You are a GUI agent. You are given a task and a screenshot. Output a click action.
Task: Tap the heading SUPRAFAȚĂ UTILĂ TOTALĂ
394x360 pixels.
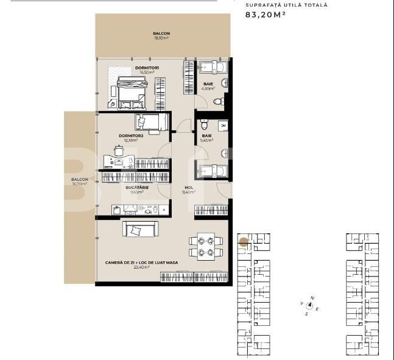click(286, 5)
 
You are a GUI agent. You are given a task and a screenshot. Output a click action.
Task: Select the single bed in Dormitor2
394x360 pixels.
click(152, 122)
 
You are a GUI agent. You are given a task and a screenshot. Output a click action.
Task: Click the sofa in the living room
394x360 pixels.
click(141, 228)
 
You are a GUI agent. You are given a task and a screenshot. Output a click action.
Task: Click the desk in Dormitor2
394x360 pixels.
click(118, 161)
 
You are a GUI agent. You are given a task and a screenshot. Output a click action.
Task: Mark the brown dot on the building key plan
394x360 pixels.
click(243, 242)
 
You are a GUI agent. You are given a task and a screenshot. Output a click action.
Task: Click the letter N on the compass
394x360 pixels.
click(312, 298)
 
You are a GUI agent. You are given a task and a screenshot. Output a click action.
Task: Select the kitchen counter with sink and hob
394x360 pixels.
click(138, 209)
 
